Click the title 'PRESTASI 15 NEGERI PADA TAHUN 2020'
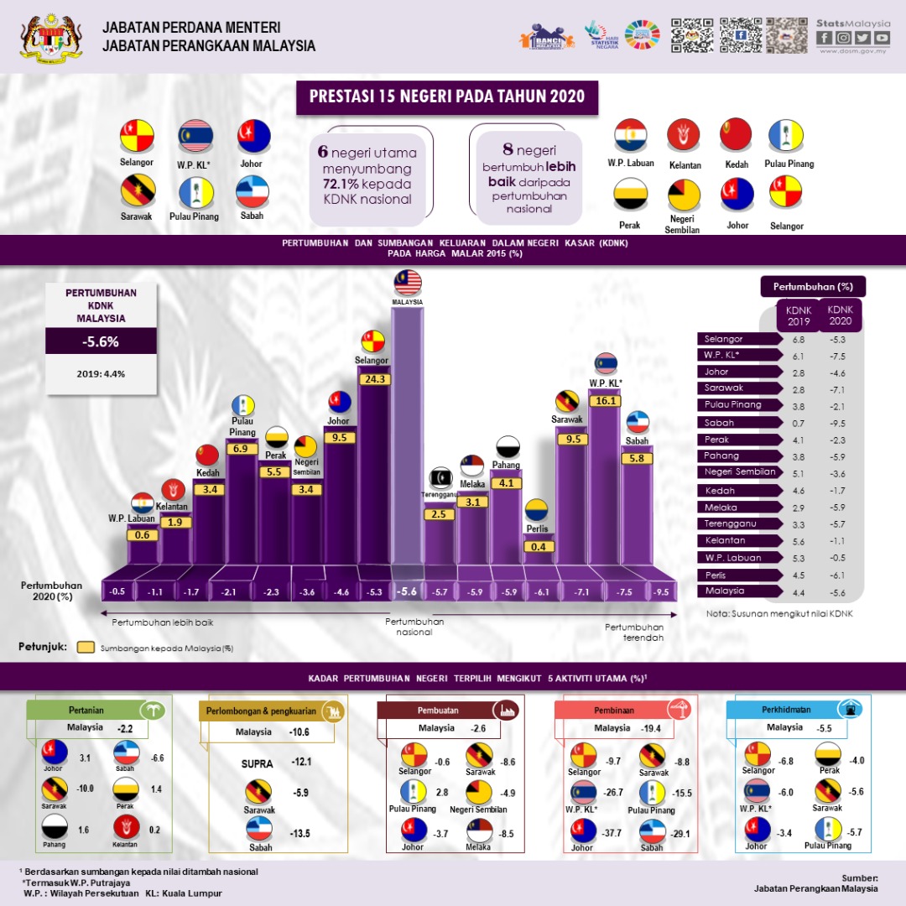coord(447,97)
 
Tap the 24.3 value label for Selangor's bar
coord(373,379)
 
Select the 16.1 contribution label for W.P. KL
coord(606,401)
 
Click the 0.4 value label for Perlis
coord(537,547)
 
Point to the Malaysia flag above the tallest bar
coord(407,281)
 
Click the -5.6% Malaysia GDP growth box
coord(101,342)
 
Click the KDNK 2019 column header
coord(798,315)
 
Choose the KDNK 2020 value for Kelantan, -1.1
coord(836,541)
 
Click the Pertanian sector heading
coord(86,710)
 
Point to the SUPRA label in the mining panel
coord(258,763)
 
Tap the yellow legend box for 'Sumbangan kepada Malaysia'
coord(85,648)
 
